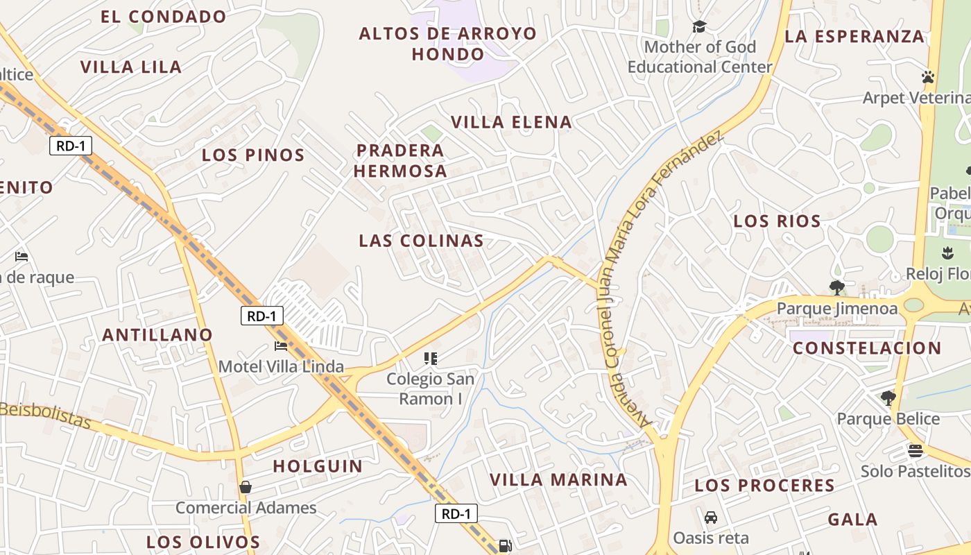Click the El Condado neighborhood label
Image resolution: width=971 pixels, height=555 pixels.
pos(164,17)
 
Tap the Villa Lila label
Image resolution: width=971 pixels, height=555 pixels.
pos(131,67)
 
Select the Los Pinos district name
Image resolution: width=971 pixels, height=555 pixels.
pos(253,155)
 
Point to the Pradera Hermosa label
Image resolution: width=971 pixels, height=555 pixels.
pos(401,160)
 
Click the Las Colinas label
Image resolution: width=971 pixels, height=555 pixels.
pos(421,241)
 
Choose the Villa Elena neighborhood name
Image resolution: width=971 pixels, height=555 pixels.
pos(512,123)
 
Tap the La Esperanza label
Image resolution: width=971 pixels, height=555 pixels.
pos(854,37)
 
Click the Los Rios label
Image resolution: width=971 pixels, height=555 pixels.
pos(777,221)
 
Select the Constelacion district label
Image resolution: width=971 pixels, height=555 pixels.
pos(867,348)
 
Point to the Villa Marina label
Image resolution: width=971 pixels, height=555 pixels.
pos(558,479)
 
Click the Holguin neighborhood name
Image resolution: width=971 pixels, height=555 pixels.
pos(318,466)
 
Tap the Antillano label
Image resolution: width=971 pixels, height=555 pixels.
pos(157,335)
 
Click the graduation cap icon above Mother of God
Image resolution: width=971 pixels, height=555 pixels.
pos(699,27)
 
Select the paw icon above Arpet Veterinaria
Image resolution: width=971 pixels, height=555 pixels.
pos(928,77)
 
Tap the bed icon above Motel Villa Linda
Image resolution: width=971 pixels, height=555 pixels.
pos(281,346)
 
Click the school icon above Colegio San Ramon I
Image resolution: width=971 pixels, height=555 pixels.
pos(431,359)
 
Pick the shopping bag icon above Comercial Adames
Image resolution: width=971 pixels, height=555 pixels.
pos(246,487)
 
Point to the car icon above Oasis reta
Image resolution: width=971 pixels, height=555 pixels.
pos(711,518)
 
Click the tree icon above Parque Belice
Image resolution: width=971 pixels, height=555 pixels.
pos(888,398)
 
